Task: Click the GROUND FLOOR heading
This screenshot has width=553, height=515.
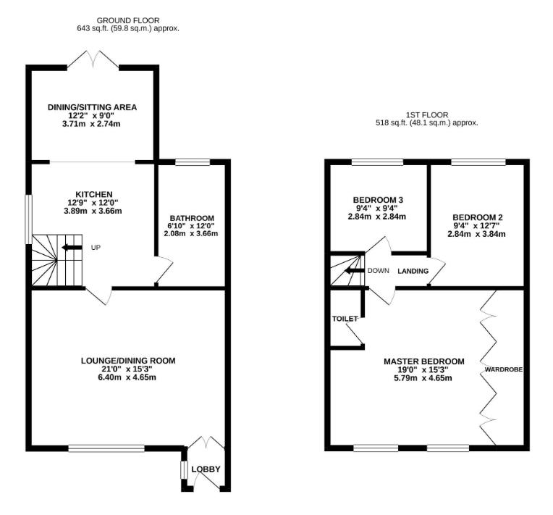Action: click(x=128, y=20)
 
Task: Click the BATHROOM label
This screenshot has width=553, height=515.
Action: click(x=192, y=218)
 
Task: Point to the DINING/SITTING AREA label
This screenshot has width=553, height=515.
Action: click(x=92, y=107)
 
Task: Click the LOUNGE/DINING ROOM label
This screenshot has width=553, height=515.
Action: click(x=127, y=360)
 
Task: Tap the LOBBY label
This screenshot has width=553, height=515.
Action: click(x=206, y=469)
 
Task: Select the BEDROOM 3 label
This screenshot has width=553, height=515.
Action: click(x=376, y=200)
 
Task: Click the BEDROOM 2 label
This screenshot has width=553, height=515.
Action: click(x=476, y=217)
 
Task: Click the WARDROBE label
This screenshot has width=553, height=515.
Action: click(x=503, y=369)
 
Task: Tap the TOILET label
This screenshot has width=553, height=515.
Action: click(x=345, y=319)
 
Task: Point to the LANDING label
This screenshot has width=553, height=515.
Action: click(x=413, y=271)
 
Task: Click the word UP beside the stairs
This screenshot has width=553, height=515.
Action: click(x=96, y=248)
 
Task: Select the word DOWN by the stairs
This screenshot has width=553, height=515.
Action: click(x=378, y=271)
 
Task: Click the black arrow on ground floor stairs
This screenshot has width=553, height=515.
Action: click(x=71, y=248)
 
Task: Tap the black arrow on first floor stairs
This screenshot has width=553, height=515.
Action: click(x=353, y=271)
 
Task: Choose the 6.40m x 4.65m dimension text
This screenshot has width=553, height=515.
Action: click(x=127, y=377)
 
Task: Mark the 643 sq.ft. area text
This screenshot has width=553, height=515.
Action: click(x=93, y=29)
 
